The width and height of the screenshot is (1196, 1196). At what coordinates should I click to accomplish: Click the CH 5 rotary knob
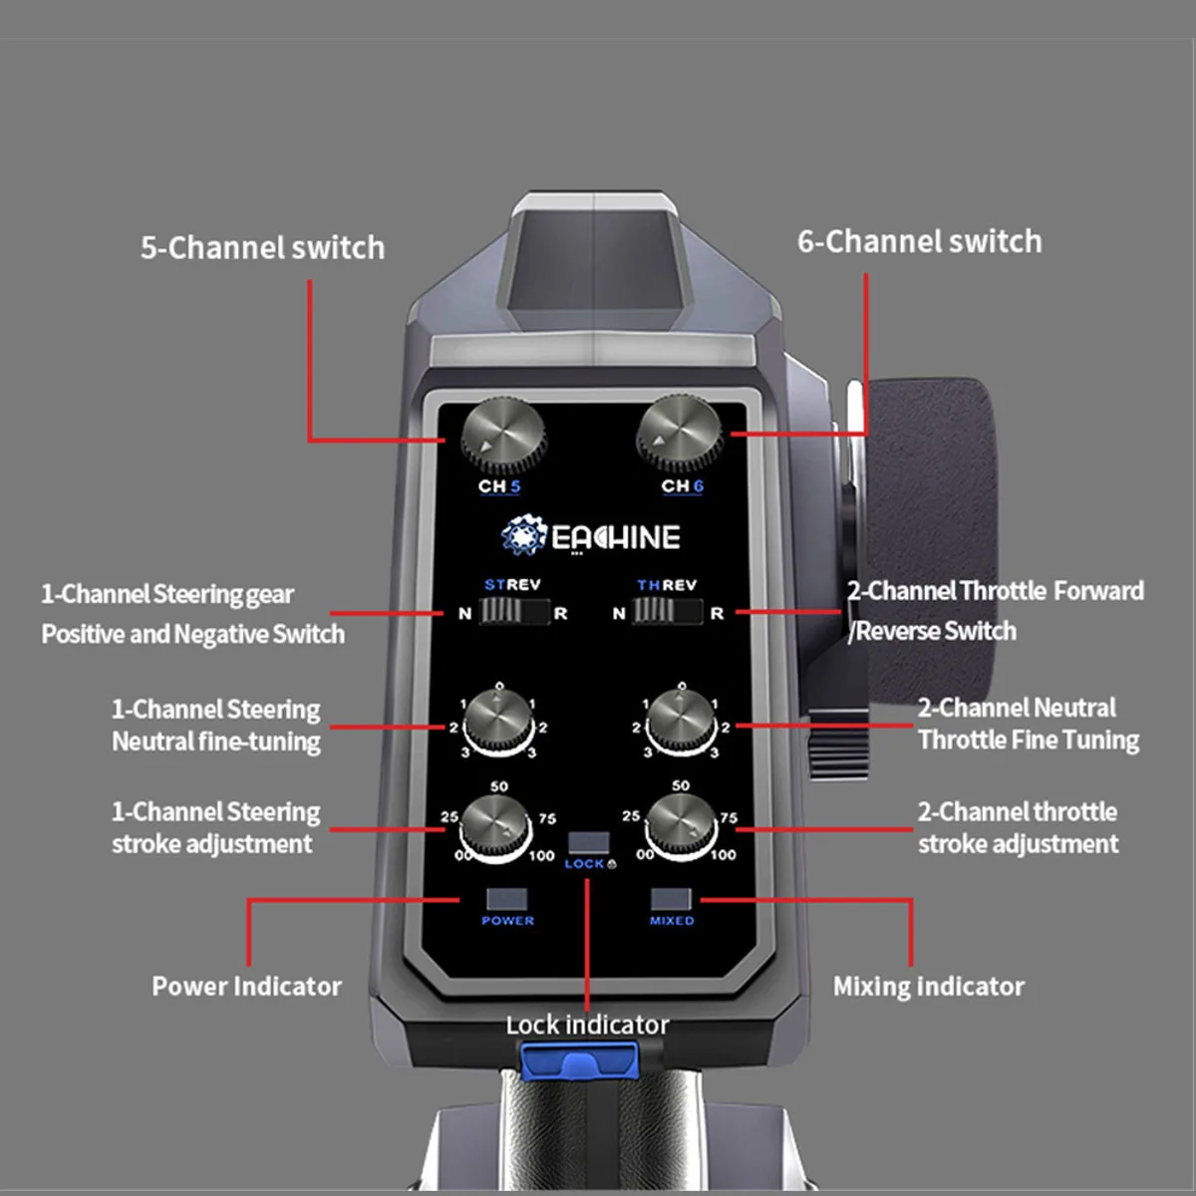(x=503, y=436)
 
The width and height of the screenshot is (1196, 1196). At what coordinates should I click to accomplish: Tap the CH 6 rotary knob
(x=679, y=432)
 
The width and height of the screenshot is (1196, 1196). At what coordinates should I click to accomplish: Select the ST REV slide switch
(x=513, y=612)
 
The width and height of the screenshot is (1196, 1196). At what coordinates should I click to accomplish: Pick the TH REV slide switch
(x=667, y=612)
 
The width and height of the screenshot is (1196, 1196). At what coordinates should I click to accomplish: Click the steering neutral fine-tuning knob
(x=498, y=723)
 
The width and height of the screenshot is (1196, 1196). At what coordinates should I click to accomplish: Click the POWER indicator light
(x=506, y=899)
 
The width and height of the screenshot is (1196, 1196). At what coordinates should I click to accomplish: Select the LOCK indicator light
(x=588, y=843)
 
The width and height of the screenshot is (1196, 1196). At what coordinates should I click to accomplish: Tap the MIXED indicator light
(x=671, y=899)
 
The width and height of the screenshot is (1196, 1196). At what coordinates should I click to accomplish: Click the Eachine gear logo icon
(x=522, y=536)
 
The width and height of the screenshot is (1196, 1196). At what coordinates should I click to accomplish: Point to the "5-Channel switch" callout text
(x=262, y=248)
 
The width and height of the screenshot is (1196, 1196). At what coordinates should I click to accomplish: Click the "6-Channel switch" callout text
(x=919, y=242)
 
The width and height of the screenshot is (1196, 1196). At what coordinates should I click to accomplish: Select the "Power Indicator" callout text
(x=246, y=987)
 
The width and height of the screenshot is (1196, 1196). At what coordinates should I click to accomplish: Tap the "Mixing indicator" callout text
(x=928, y=987)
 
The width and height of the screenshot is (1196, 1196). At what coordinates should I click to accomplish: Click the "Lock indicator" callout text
(x=587, y=1025)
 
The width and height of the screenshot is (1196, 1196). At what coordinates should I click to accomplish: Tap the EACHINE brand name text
(x=616, y=538)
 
